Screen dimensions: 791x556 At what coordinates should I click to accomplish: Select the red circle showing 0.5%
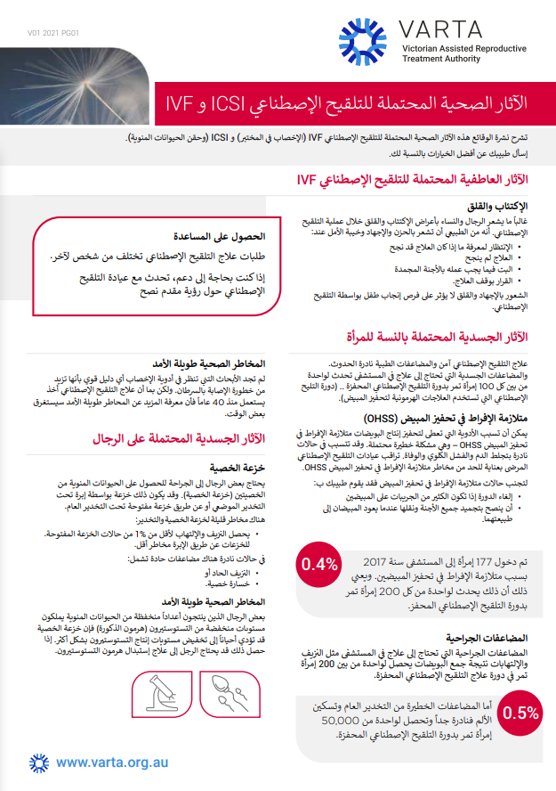[520, 712]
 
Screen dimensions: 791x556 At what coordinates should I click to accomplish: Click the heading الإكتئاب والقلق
[500, 205]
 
